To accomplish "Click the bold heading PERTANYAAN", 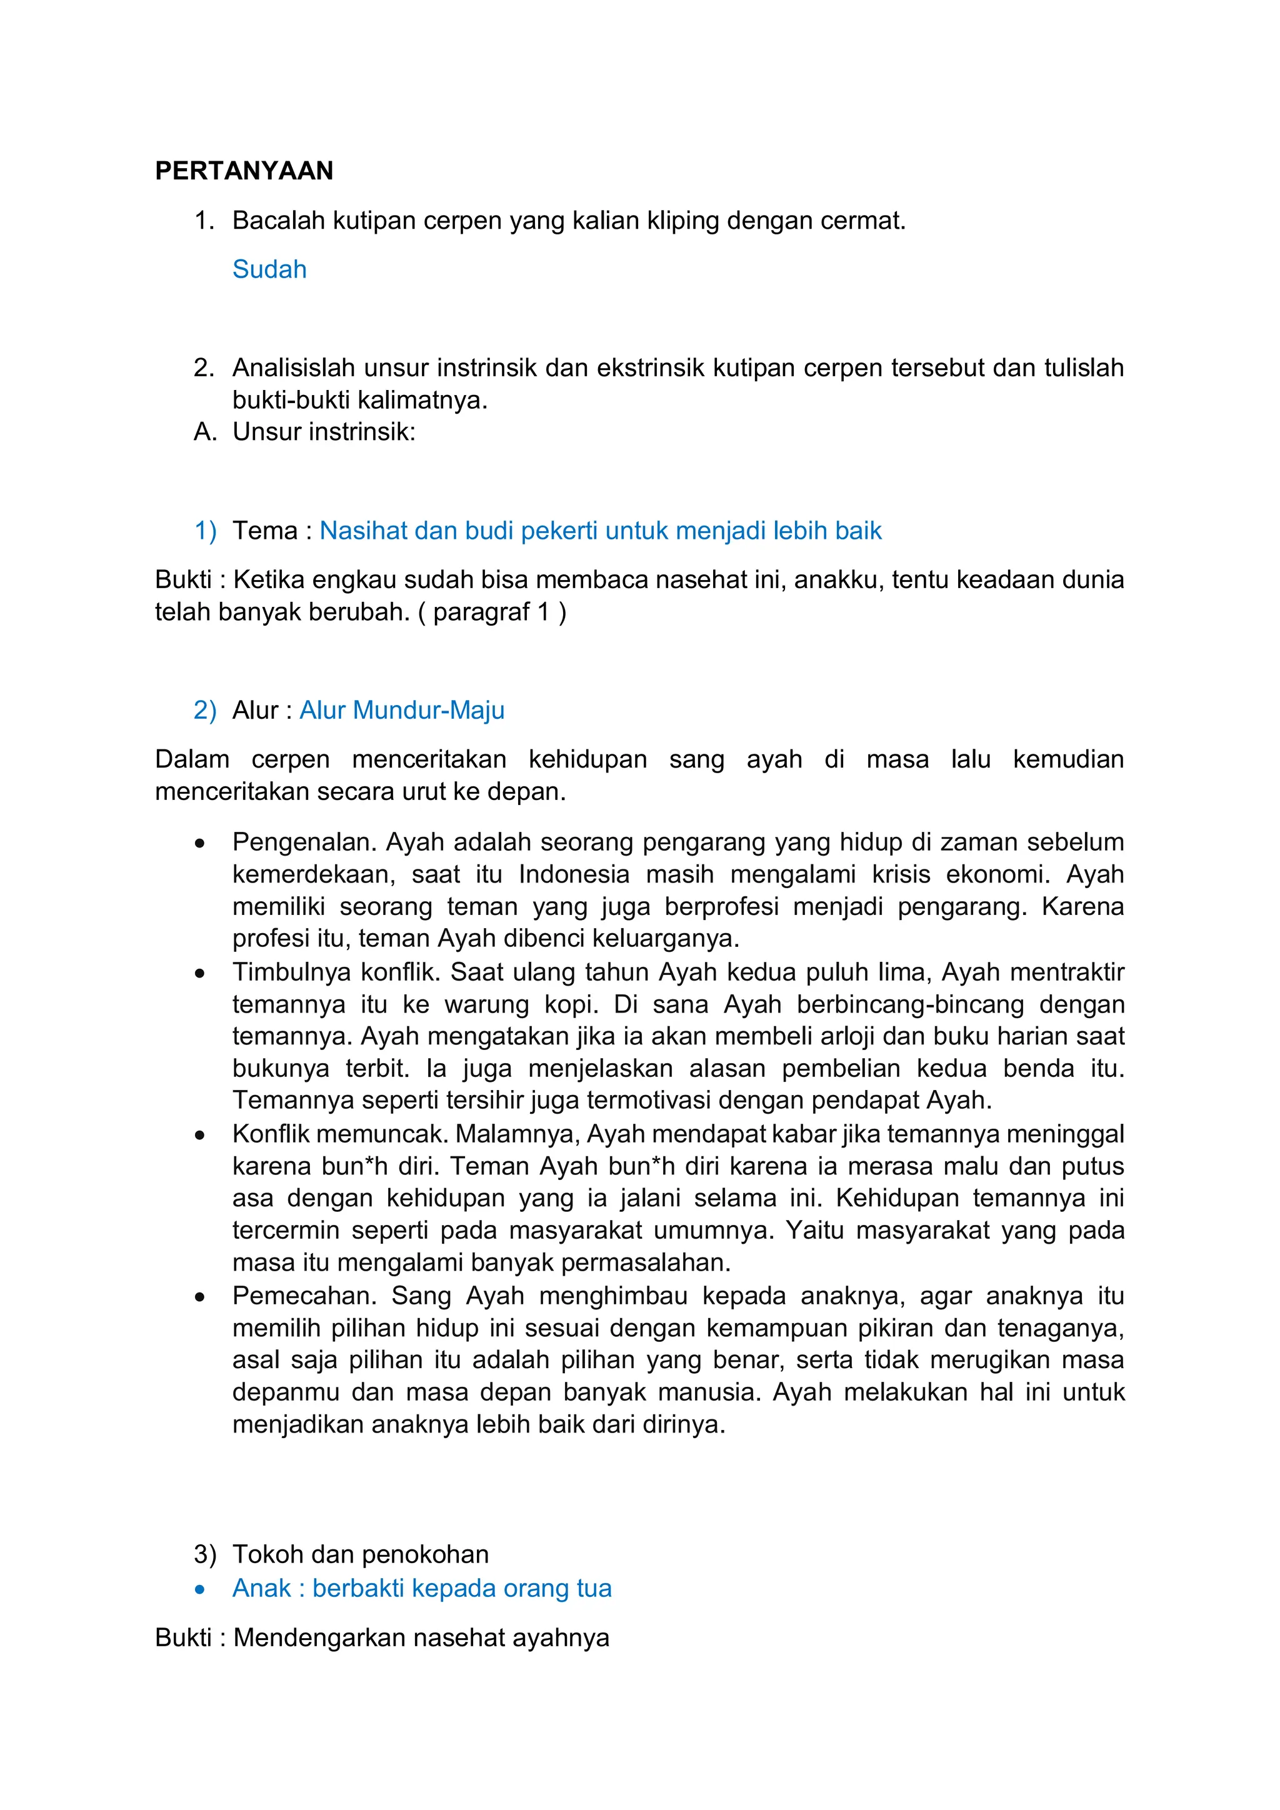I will coord(244,171).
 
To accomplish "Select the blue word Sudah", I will coord(269,269).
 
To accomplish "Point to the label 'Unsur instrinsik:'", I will coord(323,432).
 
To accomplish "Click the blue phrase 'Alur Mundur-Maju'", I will coord(401,710).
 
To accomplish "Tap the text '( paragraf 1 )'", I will coord(492,612).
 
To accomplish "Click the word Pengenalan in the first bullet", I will coord(305,842).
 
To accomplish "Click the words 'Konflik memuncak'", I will coord(340,1134).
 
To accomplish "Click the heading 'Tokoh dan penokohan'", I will coord(360,1554).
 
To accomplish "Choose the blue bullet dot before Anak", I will coord(200,1589).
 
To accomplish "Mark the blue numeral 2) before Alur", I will coord(204,710).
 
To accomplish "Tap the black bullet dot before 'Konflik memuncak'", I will coord(200,1135).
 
